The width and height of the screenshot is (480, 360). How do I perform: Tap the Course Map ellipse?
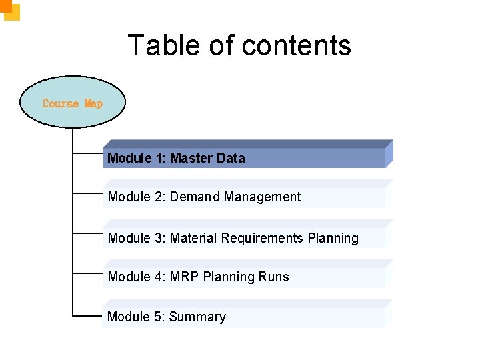(73, 103)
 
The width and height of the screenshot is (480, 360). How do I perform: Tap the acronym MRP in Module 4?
(185, 277)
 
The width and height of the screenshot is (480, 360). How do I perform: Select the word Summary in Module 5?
(197, 317)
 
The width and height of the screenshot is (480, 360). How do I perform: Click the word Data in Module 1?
(230, 159)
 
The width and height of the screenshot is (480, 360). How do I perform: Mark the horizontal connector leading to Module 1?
(87, 153)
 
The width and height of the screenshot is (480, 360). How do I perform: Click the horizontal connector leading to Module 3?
(87, 233)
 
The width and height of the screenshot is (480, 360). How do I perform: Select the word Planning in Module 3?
(333, 238)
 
